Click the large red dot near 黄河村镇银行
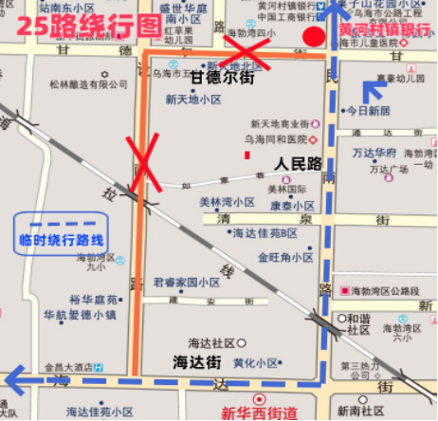tap(312, 38)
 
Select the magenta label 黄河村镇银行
tap(384, 29)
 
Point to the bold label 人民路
tap(299, 164)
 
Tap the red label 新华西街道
tap(259, 412)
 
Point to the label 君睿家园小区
tap(187, 283)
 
